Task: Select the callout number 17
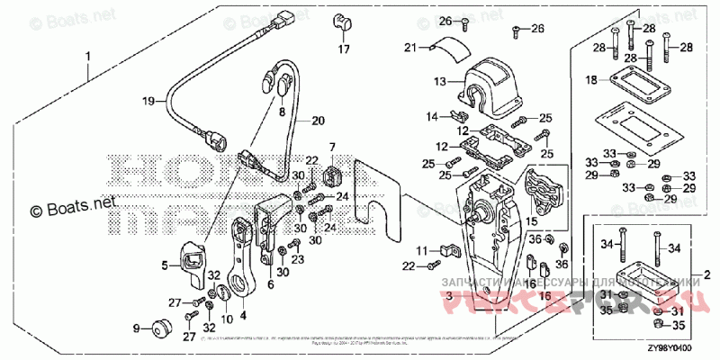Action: point(344,50)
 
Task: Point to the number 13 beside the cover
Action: point(440,81)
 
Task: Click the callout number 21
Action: point(410,47)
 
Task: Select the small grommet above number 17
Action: point(343,22)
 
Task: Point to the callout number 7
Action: point(331,147)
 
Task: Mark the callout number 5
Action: point(166,265)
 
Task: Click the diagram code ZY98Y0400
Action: point(689,350)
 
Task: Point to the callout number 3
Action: point(450,295)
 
